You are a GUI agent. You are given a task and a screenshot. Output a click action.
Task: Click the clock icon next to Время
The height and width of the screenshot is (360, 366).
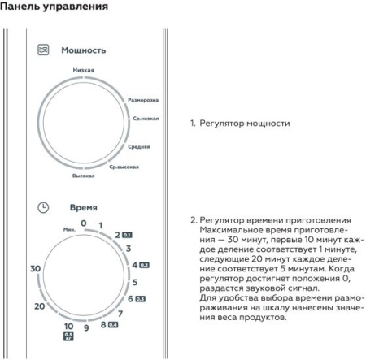pyautogui.click(x=44, y=208)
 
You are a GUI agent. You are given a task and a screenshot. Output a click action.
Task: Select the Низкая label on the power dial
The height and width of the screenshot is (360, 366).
pyautogui.click(x=83, y=70)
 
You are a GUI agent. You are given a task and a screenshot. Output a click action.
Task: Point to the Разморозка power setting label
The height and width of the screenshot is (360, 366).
pyautogui.click(x=143, y=100)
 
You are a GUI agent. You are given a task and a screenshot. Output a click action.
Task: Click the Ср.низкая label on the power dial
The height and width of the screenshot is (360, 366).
pyautogui.click(x=146, y=119)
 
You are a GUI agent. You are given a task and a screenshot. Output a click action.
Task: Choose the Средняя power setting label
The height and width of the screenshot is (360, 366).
pyautogui.click(x=138, y=147)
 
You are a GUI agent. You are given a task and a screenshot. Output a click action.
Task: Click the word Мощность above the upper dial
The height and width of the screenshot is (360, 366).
pyautogui.click(x=84, y=50)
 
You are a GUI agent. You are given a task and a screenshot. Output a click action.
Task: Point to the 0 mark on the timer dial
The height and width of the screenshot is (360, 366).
pyautogui.click(x=83, y=222)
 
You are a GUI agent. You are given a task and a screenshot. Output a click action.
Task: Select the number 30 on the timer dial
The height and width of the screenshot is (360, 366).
pyautogui.click(x=34, y=268)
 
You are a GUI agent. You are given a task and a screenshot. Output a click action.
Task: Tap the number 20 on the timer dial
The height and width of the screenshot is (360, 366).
pyautogui.click(x=40, y=306)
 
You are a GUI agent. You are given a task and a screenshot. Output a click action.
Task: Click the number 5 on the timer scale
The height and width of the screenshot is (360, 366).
pyautogui.click(x=135, y=282)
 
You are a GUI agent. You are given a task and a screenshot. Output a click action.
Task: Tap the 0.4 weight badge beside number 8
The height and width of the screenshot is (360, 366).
pyautogui.click(x=113, y=325)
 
